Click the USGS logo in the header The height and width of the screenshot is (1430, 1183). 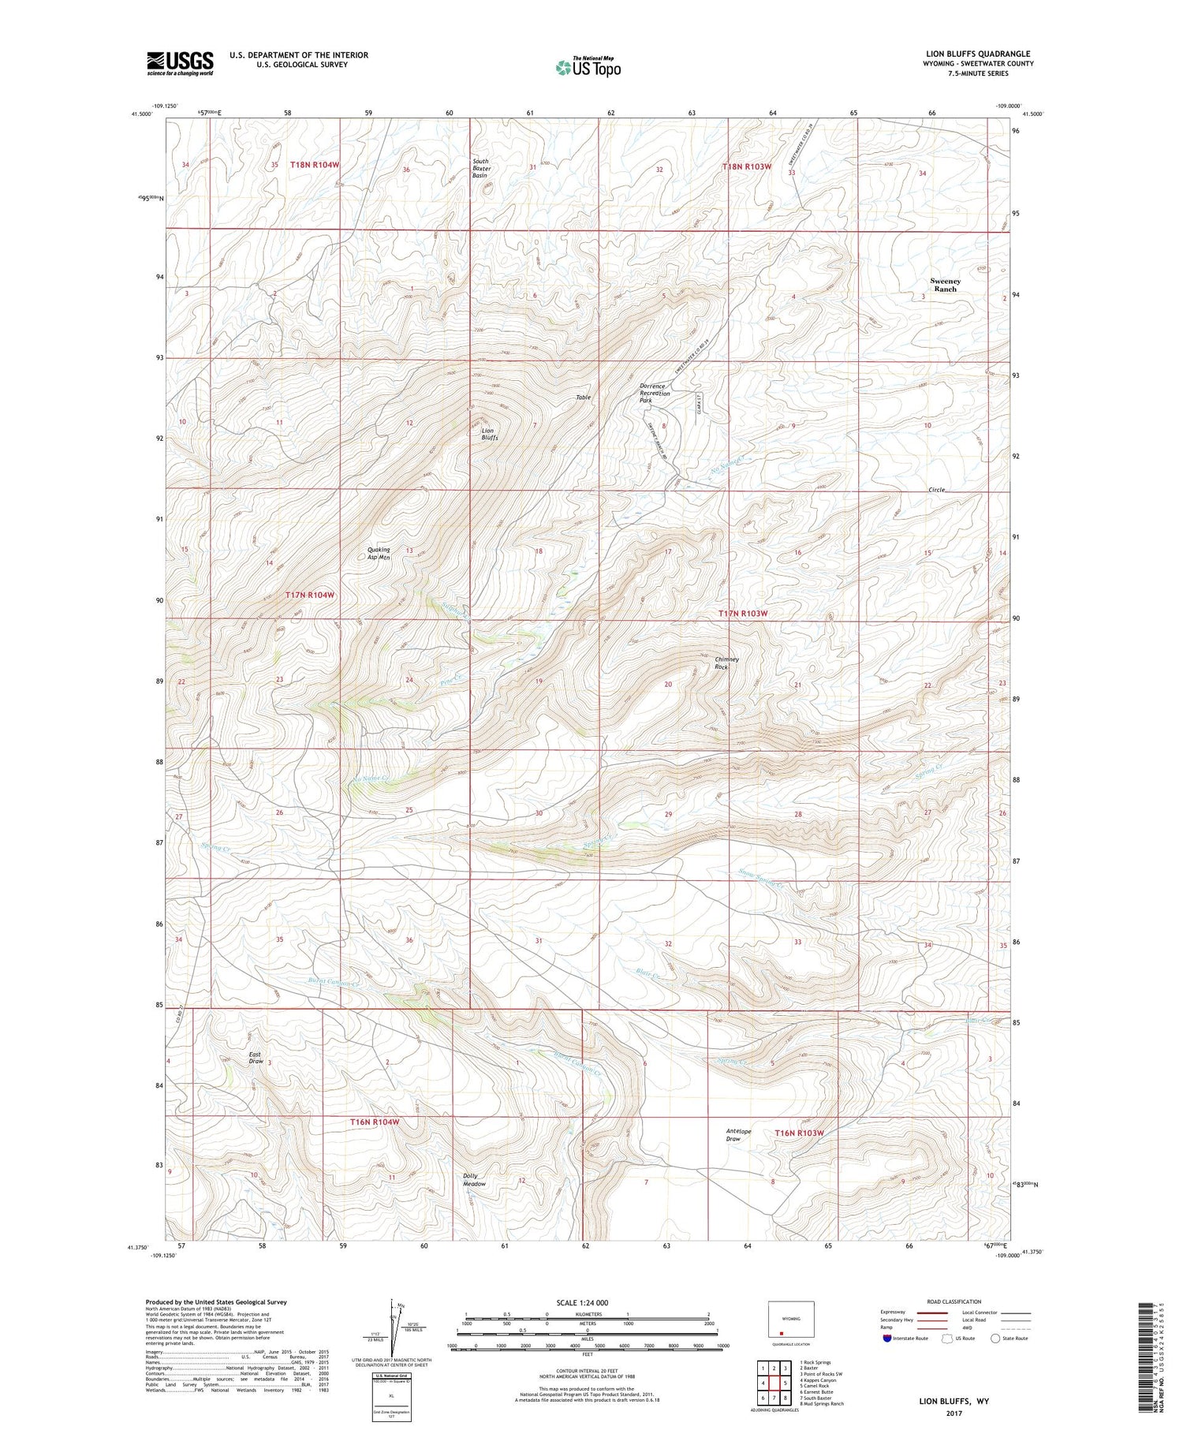point(180,63)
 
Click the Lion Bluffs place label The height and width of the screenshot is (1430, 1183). point(490,434)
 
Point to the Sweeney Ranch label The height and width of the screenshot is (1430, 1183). point(945,285)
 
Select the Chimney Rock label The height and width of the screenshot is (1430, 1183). point(726,663)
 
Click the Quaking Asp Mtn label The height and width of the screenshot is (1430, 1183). point(379,554)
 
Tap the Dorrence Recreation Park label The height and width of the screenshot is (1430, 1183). point(655,394)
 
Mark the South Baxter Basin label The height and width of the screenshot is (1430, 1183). point(481,168)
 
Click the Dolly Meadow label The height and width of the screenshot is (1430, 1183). point(474,1180)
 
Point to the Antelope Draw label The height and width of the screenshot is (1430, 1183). point(733,1135)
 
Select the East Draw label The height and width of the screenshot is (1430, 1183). point(256,1058)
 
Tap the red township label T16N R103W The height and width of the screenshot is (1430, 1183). point(799,1133)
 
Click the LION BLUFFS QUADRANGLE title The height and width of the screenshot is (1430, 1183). point(978,54)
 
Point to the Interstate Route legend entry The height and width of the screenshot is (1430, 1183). point(907,1339)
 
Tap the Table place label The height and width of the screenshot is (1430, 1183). point(583,398)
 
